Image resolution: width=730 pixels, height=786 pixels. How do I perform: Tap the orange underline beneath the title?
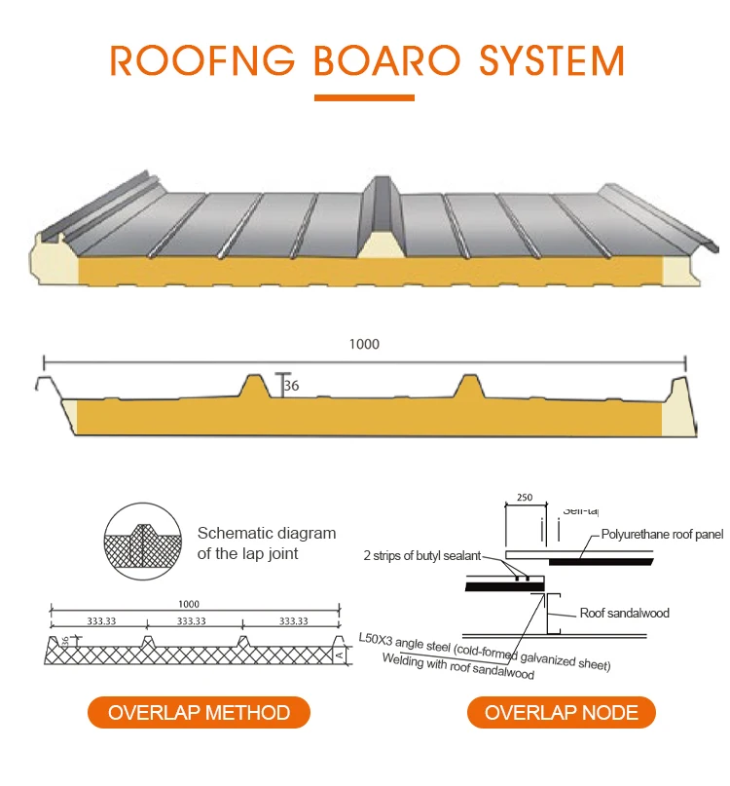tap(365, 96)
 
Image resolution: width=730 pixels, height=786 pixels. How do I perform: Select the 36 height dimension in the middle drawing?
tap(291, 387)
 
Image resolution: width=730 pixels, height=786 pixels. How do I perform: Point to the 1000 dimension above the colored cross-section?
tap(364, 344)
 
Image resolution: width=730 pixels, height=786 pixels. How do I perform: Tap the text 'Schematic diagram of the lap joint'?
tap(266, 543)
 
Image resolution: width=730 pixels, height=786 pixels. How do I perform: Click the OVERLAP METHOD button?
tap(199, 712)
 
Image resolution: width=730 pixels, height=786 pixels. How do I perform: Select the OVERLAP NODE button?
tap(562, 712)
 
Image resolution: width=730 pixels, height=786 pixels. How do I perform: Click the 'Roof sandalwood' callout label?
tap(624, 613)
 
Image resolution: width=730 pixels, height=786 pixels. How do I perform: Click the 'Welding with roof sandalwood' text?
tap(458, 667)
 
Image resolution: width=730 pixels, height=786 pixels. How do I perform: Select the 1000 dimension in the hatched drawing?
tap(192, 604)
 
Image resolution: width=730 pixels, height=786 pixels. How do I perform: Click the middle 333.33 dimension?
tap(192, 620)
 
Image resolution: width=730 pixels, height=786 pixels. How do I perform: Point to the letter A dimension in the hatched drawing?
tap(340, 655)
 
